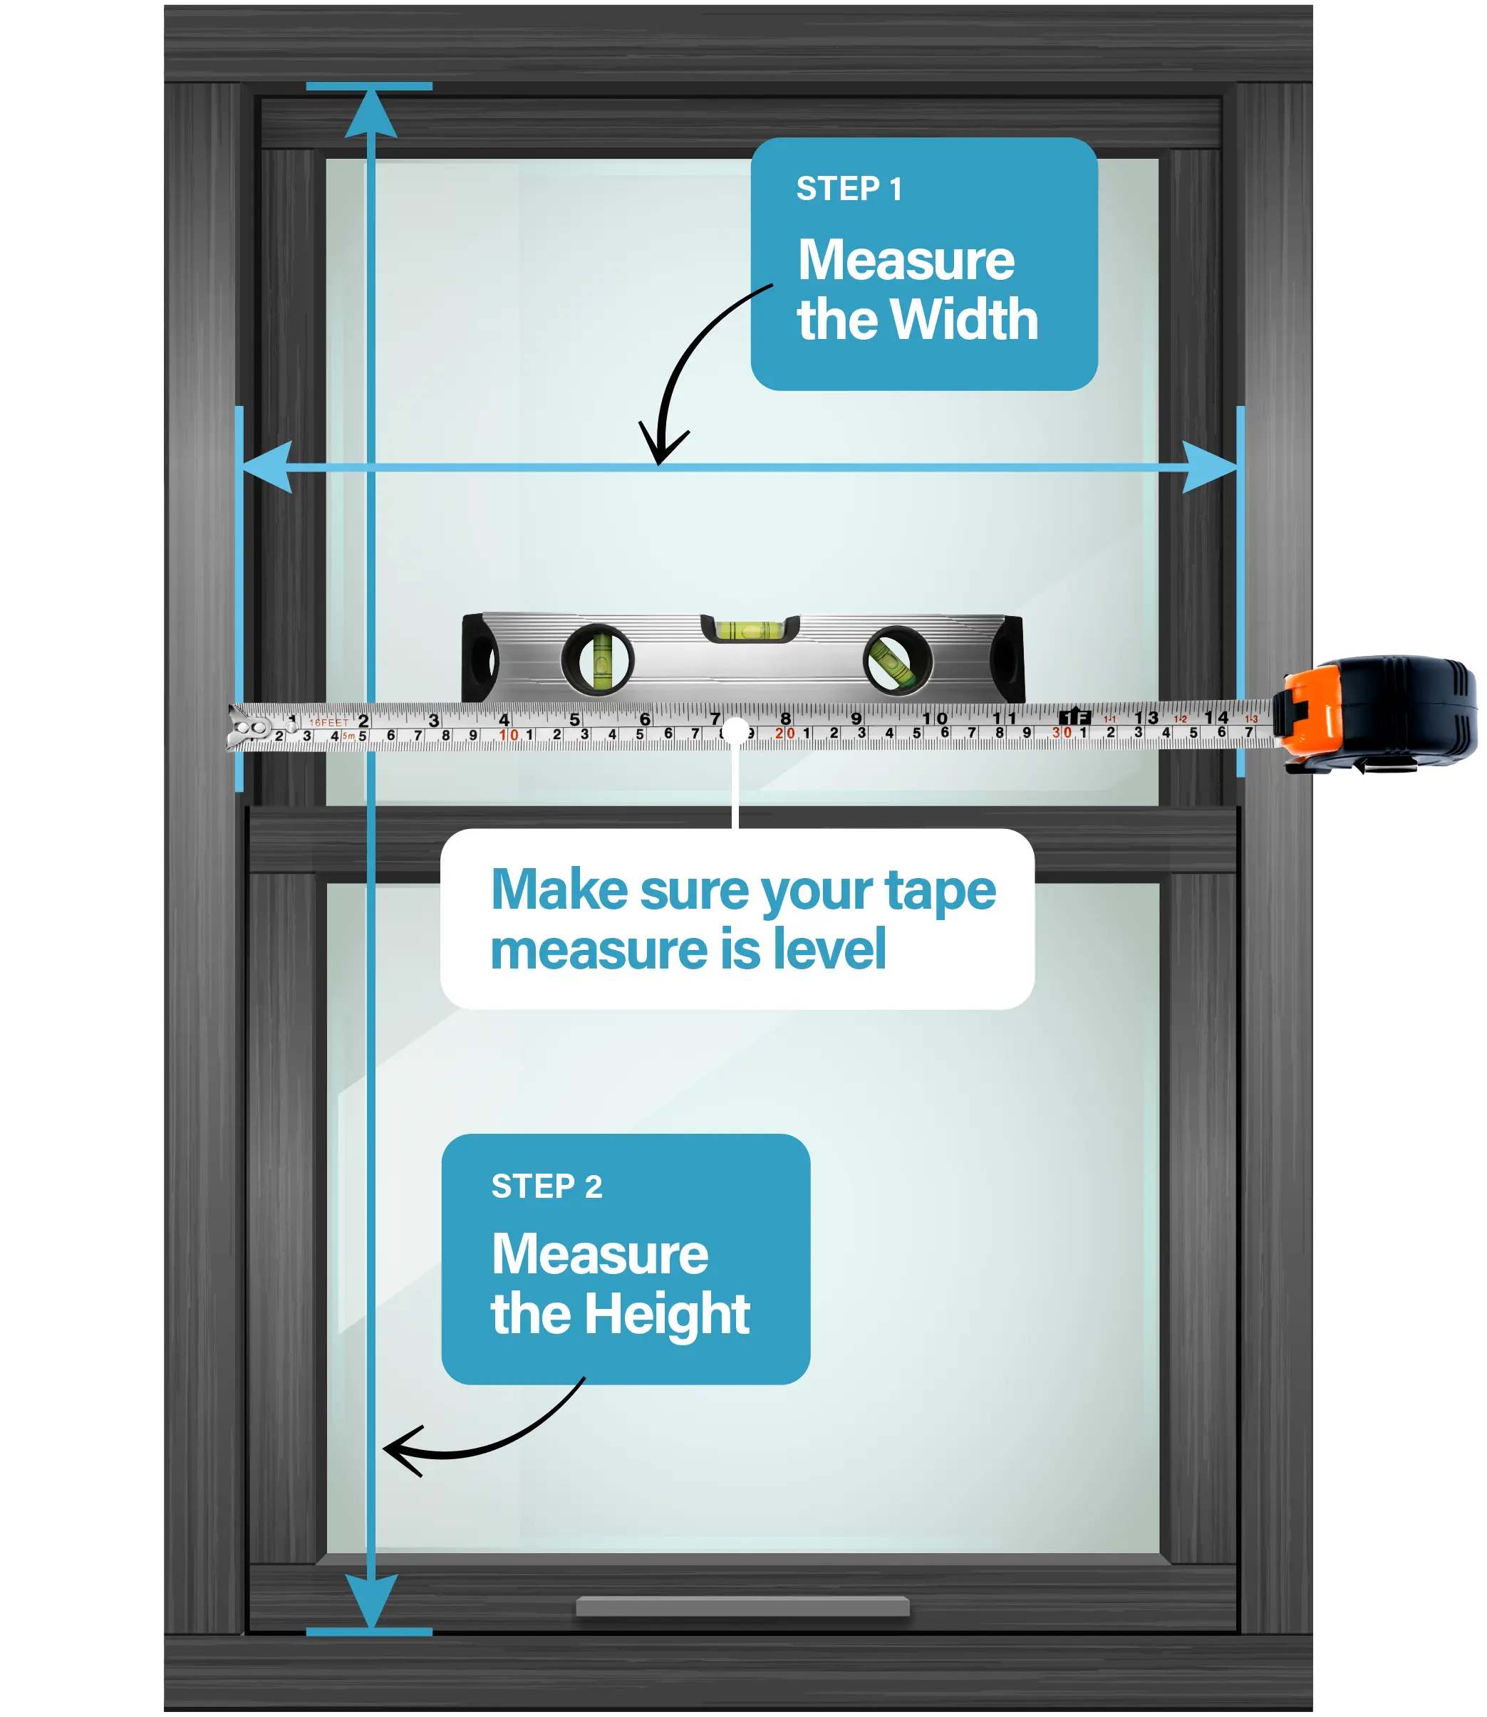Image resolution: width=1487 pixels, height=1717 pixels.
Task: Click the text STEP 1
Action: pos(849,189)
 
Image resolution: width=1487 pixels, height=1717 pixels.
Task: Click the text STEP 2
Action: pos(546,1186)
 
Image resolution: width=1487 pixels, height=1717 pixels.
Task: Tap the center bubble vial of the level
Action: pos(750,630)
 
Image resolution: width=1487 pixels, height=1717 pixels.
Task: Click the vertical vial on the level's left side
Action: pos(599,660)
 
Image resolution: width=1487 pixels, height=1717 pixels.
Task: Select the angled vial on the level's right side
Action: pos(897,660)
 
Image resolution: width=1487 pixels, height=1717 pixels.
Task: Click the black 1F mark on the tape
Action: pos(1074,716)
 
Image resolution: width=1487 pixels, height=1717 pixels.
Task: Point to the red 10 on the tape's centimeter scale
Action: pos(509,735)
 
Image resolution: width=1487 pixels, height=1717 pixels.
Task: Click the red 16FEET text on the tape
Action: pos(329,722)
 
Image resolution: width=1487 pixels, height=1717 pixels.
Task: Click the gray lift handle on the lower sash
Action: pos(742,1606)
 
